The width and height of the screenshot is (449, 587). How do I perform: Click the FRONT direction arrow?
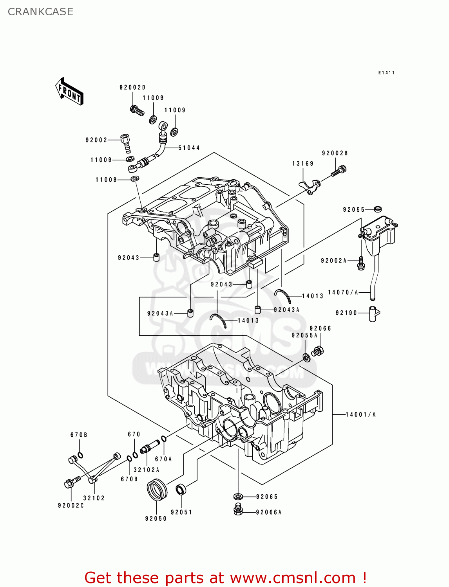(x=69, y=91)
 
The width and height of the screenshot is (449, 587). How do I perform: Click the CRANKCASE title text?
(x=40, y=12)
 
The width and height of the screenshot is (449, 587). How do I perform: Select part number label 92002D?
(x=132, y=88)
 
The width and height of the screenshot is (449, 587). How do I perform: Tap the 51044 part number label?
(x=189, y=148)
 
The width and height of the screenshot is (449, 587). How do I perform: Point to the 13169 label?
(x=302, y=164)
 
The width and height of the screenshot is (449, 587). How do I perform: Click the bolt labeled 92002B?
(x=339, y=171)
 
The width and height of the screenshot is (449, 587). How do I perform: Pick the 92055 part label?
(x=354, y=210)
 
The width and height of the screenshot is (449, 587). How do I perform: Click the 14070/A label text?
(x=343, y=292)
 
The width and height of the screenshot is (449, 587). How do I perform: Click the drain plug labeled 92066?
(x=318, y=351)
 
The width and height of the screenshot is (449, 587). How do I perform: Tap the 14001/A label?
(x=360, y=414)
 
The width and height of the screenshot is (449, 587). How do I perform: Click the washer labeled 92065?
(x=238, y=497)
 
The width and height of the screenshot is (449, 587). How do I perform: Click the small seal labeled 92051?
(x=181, y=490)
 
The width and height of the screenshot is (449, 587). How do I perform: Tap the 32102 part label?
(x=94, y=498)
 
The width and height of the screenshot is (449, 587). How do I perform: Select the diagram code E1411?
(x=386, y=73)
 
